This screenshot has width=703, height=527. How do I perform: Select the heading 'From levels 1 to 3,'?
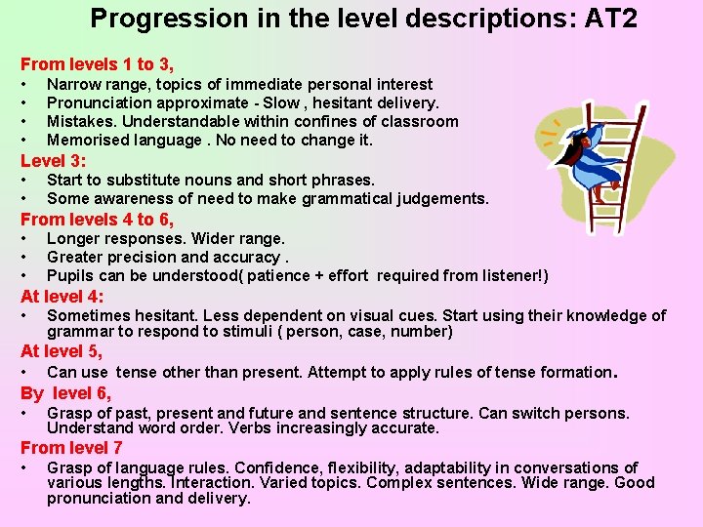[97, 64]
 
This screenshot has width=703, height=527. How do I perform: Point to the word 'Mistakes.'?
[81, 122]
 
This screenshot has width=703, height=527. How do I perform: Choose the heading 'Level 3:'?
[53, 160]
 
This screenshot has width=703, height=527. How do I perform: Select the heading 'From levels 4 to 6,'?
[97, 219]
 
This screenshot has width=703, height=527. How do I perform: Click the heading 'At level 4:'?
[62, 296]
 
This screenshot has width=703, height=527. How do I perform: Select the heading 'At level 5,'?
[62, 351]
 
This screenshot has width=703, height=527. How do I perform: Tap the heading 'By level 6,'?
[65, 393]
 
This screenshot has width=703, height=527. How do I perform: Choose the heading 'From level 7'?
[71, 448]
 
